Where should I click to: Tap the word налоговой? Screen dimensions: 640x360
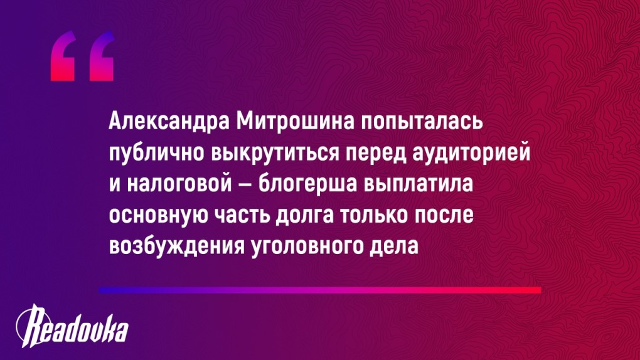(x=179, y=184)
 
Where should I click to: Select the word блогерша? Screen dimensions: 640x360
(x=307, y=184)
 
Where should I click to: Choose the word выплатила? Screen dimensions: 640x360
(x=418, y=184)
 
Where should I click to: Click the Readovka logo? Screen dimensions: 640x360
(x=72, y=326)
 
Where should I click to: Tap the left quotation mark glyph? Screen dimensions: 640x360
(x=63, y=56)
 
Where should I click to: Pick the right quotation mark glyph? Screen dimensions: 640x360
(x=101, y=56)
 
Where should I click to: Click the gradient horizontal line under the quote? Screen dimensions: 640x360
(x=319, y=290)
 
